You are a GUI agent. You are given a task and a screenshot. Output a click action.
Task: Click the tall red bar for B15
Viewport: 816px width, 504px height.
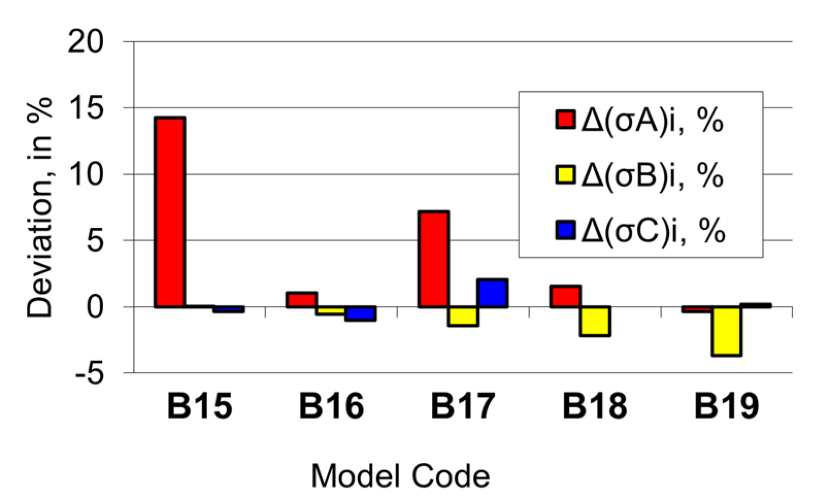pyautogui.click(x=170, y=212)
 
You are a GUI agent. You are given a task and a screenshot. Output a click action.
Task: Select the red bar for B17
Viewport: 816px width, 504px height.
pyautogui.click(x=434, y=259)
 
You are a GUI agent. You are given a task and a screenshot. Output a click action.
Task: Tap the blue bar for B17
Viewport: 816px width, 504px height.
pyautogui.click(x=493, y=293)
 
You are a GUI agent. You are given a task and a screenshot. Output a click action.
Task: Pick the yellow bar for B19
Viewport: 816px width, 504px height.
pyautogui.click(x=726, y=331)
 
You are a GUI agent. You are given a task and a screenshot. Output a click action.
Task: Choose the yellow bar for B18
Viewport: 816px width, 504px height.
pyautogui.click(x=595, y=321)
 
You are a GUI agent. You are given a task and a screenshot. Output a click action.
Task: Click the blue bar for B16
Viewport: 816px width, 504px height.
pyautogui.click(x=361, y=313)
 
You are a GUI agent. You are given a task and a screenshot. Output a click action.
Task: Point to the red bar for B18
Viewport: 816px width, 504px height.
pyautogui.click(x=565, y=296)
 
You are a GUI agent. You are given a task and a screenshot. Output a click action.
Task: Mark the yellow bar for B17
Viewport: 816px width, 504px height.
pyautogui.click(x=463, y=316)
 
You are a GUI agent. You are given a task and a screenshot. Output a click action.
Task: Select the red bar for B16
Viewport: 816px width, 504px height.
pyautogui.click(x=302, y=299)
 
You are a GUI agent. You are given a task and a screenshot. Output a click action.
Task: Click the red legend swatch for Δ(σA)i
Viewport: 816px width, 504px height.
pyautogui.click(x=565, y=119)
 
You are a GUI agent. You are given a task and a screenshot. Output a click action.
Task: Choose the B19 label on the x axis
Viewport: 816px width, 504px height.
pyautogui.click(x=726, y=406)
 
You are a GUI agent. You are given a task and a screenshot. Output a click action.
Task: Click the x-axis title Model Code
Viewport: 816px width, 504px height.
pyautogui.click(x=401, y=476)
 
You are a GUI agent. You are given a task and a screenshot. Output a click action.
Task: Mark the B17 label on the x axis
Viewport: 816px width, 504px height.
pyautogui.click(x=463, y=406)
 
